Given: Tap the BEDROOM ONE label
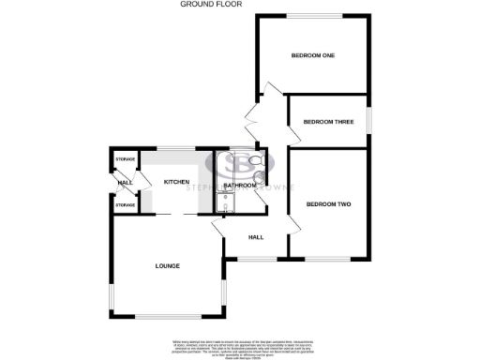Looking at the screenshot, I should (313, 55).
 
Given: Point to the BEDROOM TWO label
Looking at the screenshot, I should (327, 202).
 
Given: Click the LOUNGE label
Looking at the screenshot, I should (167, 266).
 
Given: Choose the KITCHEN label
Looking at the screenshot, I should (177, 181).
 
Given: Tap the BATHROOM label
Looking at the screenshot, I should (241, 186).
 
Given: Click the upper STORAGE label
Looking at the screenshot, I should (125, 160).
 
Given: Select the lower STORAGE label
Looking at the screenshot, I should (125, 203).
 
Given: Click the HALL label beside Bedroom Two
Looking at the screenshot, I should (255, 237).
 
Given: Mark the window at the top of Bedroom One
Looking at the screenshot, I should (314, 15).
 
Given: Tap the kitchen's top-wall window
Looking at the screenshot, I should (175, 149).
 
